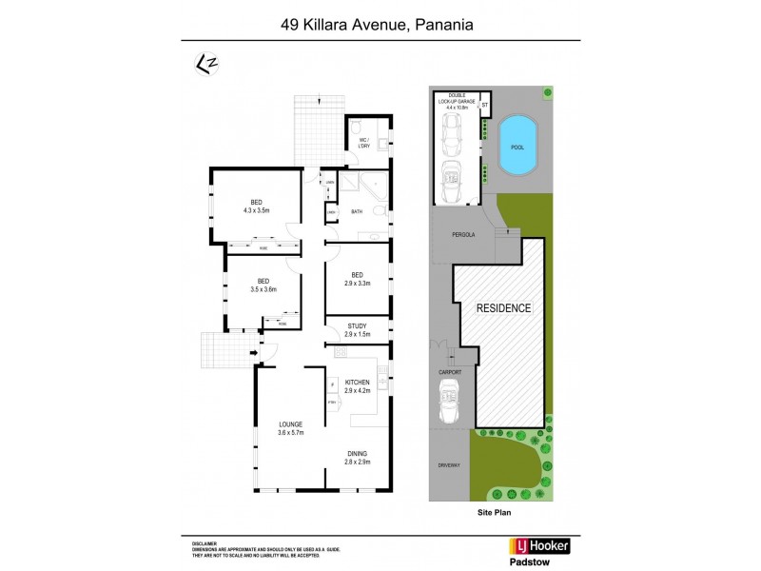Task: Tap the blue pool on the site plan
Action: click(517, 146)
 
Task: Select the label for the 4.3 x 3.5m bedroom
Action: click(256, 207)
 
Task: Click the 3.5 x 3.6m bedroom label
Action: click(263, 285)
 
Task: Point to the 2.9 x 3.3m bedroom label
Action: click(357, 279)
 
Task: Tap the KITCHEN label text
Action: click(357, 386)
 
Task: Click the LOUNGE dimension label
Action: click(290, 428)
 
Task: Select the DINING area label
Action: click(357, 458)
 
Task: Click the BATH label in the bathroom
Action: click(358, 212)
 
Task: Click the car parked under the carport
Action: click(449, 404)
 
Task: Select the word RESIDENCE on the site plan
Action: click(503, 308)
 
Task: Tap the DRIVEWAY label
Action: click(449, 466)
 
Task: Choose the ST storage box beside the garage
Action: click(484, 103)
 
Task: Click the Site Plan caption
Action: click(496, 511)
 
